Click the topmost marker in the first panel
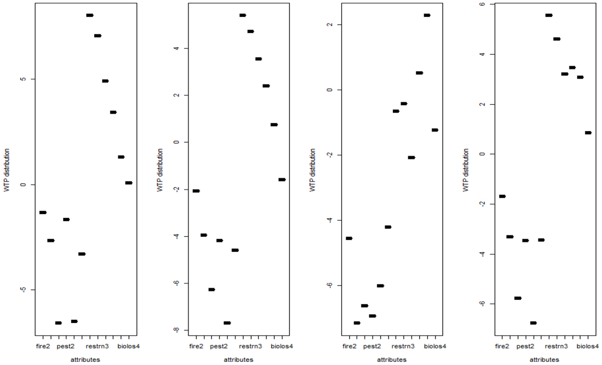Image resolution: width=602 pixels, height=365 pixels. (x=90, y=15)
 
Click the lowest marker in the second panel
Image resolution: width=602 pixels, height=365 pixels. (x=227, y=323)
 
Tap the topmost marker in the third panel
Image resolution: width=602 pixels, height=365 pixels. (x=427, y=15)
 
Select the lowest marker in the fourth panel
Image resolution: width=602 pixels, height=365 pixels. (x=533, y=323)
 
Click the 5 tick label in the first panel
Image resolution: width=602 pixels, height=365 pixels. (x=23, y=79)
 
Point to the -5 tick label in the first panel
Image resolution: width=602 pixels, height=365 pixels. (x=23, y=290)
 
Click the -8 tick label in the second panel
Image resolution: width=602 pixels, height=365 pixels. (x=176, y=330)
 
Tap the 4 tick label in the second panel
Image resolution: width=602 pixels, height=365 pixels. (x=176, y=48)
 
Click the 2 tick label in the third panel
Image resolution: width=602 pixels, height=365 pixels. (x=329, y=25)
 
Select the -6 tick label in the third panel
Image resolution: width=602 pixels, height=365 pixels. (x=329, y=285)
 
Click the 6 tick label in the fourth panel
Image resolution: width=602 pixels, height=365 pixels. (x=482, y=4)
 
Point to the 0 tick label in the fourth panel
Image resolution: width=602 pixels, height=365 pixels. (x=482, y=154)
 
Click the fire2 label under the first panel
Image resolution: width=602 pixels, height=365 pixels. (x=43, y=346)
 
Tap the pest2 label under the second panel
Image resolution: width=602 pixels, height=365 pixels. (x=219, y=346)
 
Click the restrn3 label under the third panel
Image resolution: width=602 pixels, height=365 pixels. (x=403, y=346)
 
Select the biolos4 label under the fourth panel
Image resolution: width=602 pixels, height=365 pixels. (x=588, y=346)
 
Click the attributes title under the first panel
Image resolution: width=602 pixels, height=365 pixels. (x=85, y=360)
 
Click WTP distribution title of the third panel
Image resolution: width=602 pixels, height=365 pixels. (x=313, y=170)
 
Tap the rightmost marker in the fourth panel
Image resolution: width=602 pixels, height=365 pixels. (x=588, y=133)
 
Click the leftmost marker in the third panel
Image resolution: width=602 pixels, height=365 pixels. (x=349, y=238)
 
